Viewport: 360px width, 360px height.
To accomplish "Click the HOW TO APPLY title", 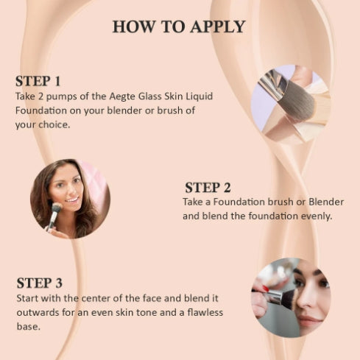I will point(179,27).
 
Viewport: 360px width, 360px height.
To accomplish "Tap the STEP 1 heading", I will point(38,80).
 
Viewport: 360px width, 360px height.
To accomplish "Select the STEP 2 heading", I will point(208,187).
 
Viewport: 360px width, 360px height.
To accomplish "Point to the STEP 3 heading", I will point(39,283).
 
